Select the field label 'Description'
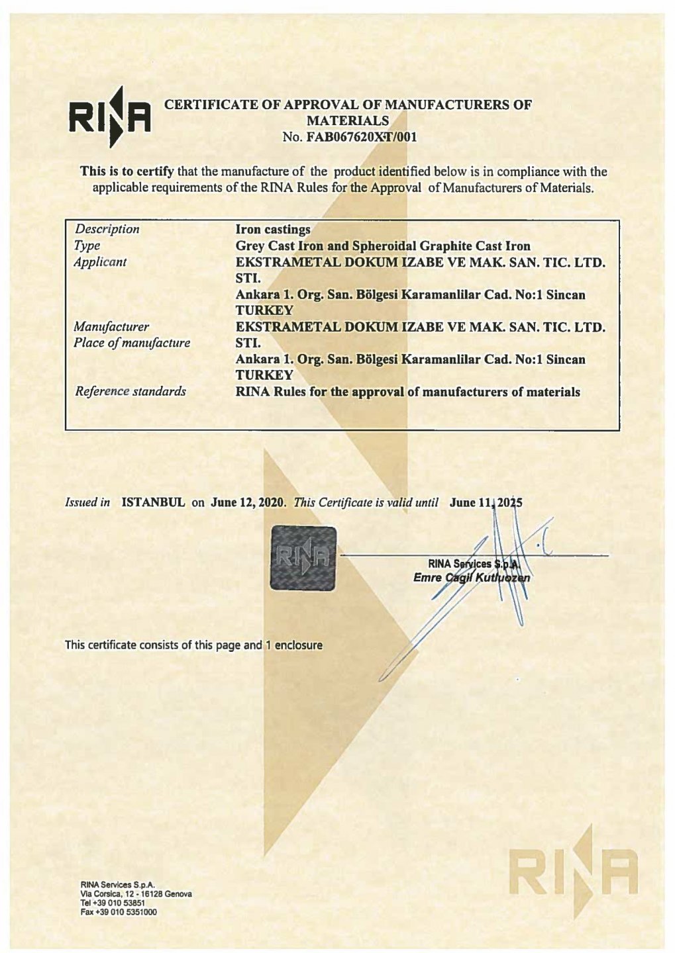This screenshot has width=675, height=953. point(107,229)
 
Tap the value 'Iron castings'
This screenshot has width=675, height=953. point(273,229)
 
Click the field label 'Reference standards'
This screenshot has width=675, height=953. point(130,391)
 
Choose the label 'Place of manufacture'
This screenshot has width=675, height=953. point(132,343)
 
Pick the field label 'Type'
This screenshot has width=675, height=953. point(87,246)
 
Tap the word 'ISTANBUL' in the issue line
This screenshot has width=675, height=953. point(153,502)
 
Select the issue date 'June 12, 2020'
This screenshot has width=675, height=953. point(247,502)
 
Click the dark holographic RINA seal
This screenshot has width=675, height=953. point(303,557)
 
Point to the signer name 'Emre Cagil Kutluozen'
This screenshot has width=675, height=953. point(472,578)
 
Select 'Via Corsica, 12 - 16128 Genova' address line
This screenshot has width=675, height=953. point(136,894)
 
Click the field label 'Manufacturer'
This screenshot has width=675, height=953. point(111,326)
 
